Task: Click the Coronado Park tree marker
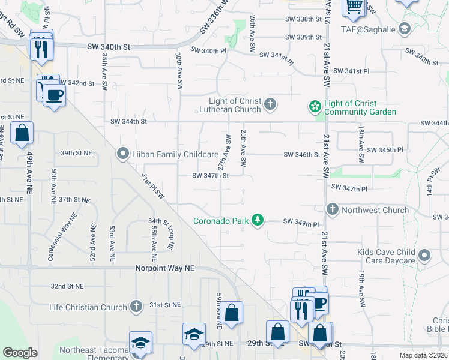pyautogui.click(x=258, y=220)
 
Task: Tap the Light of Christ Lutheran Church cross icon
pyautogui.click(x=270, y=105)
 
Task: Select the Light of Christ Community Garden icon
pyautogui.click(x=314, y=107)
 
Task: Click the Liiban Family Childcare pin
pyautogui.click(x=124, y=154)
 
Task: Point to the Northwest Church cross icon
pyautogui.click(x=333, y=210)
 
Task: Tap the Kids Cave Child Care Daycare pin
pyautogui.click(x=424, y=256)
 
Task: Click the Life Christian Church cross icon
pyautogui.click(x=136, y=307)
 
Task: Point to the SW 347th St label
pyautogui.click(x=210, y=176)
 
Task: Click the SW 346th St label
pyautogui.click(x=302, y=154)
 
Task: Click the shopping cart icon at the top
pyautogui.click(x=354, y=7)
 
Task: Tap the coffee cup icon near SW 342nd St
pyautogui.click(x=54, y=95)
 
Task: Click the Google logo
pyautogui.click(x=20, y=353)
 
